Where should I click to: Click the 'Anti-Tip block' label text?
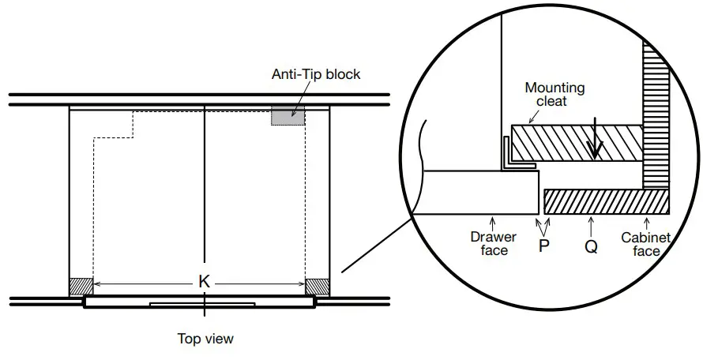(316, 74)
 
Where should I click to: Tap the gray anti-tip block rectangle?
(288, 116)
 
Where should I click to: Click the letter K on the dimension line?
(204, 282)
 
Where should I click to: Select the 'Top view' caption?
(205, 339)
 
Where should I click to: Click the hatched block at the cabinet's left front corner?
(81, 287)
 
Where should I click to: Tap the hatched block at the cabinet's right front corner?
(317, 287)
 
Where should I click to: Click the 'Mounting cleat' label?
(555, 94)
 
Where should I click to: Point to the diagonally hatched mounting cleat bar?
(577, 143)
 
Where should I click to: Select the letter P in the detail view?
(544, 246)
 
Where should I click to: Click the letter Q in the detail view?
(592, 246)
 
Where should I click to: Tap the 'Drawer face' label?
(493, 243)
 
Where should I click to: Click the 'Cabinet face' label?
(646, 244)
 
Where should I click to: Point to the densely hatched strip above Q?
(607, 202)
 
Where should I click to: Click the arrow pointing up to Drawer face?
(493, 223)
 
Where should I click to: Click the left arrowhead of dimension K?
(96, 283)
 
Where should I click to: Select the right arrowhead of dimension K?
(303, 283)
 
